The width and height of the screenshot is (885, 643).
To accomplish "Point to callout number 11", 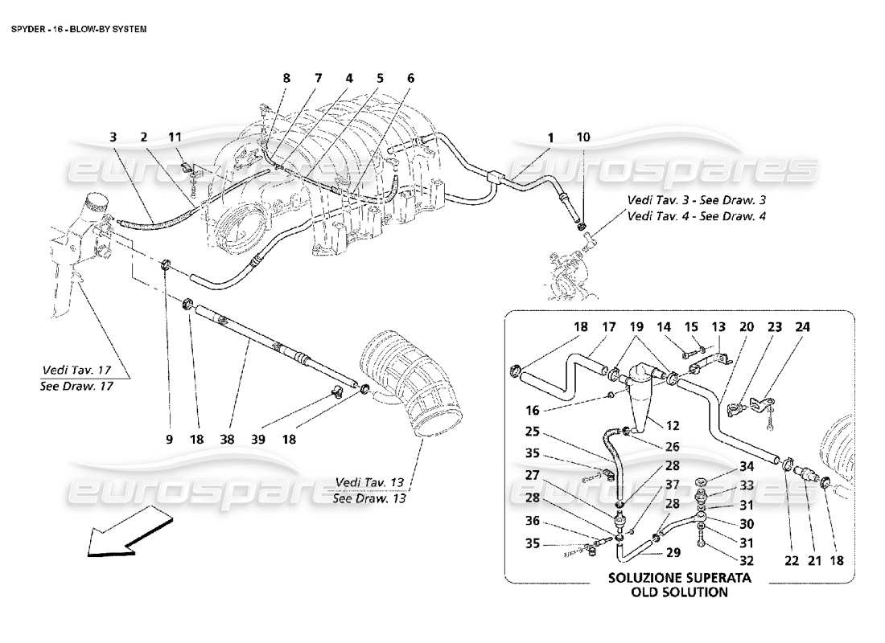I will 175,137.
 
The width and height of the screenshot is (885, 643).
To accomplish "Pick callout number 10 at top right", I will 583,137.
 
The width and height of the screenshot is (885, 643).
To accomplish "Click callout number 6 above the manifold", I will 410,78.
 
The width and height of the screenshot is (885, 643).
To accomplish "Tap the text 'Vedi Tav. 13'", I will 368,481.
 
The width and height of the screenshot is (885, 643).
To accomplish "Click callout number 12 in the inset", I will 673,425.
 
